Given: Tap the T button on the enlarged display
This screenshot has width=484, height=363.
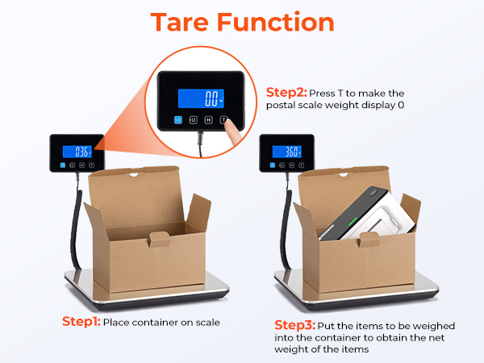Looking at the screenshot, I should pos(233,120).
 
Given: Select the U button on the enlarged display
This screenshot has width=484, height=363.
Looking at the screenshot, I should pos(194,120).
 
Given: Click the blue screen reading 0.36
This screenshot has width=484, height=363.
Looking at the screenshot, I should pos(81,151).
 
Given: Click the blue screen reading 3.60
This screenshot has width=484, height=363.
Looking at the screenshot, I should pos(288,151).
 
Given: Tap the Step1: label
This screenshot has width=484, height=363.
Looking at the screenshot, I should pos(81,321).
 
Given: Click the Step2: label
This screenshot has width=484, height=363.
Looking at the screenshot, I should pos(286,93).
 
